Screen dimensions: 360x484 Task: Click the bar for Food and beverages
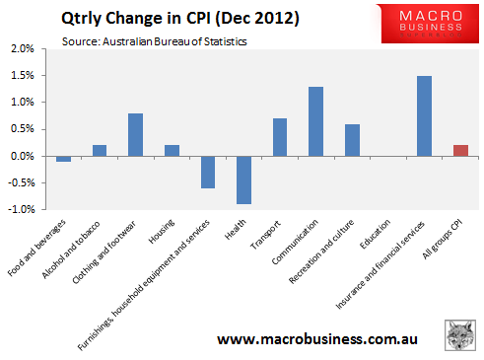coord(64,159)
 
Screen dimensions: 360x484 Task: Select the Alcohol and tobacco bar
coord(100,151)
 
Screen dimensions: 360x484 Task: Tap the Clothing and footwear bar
coord(136,135)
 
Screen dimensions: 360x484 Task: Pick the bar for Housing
coord(172,151)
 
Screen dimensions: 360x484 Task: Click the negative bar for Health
coord(243,180)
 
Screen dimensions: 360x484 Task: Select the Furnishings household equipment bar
coord(208,172)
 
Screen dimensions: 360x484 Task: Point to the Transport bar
coord(280,137)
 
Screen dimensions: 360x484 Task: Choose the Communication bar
coord(315,121)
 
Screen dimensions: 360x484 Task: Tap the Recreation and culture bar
coord(352,140)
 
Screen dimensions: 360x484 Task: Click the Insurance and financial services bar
coord(424,116)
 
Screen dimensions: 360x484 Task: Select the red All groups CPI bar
coord(460,151)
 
